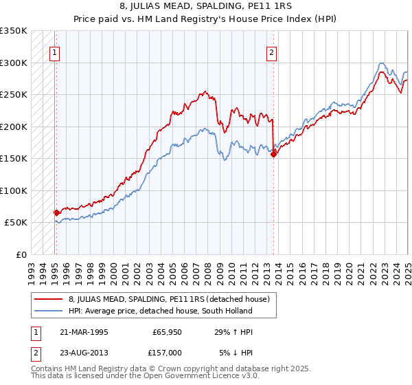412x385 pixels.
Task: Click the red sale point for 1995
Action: (56, 212)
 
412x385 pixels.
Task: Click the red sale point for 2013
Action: (273, 154)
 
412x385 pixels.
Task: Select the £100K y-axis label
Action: (14, 190)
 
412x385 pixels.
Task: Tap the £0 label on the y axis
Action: (21, 254)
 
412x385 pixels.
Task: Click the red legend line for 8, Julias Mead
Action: (49, 299)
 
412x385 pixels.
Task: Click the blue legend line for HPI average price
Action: (49, 311)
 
